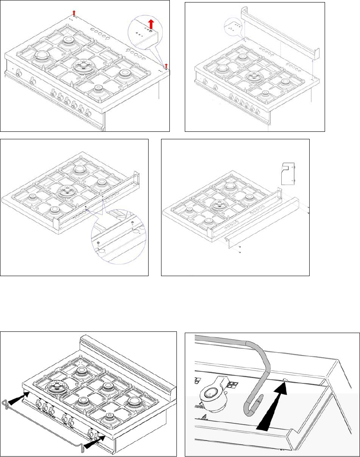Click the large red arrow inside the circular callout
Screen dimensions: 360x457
151,24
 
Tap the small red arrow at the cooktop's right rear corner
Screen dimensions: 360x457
166,65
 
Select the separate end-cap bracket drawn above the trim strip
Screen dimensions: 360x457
287,173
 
